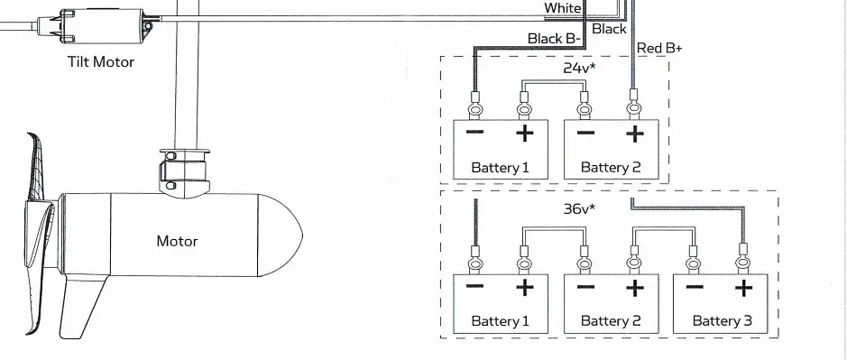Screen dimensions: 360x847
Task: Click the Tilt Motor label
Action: pyautogui.click(x=101, y=61)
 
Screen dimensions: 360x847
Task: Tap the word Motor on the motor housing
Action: pyautogui.click(x=177, y=241)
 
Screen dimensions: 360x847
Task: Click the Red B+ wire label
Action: pyautogui.click(x=659, y=48)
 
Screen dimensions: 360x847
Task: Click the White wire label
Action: pyautogui.click(x=563, y=8)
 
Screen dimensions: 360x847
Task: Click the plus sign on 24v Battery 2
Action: pyautogui.click(x=635, y=134)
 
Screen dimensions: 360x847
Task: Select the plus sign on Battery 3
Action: pyautogui.click(x=743, y=289)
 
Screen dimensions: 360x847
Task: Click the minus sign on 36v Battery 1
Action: pyautogui.click(x=474, y=288)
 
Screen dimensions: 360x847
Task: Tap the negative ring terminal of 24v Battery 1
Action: pyautogui.click(x=474, y=109)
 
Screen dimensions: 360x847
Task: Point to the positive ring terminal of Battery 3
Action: pyautogui.click(x=744, y=263)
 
